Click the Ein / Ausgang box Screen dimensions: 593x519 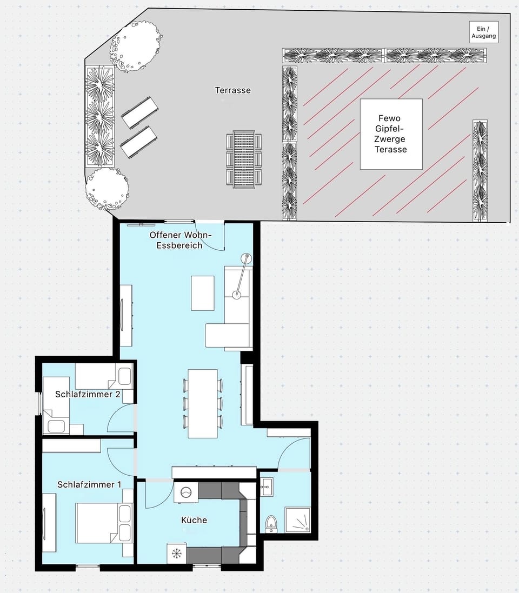[483, 33]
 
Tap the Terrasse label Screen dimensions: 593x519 [233, 90]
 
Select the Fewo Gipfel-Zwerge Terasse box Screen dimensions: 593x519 [391, 134]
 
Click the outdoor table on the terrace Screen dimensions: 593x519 [244, 159]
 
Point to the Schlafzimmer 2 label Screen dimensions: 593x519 [88, 394]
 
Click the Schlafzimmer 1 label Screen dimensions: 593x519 [89, 484]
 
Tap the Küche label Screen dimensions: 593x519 [194, 520]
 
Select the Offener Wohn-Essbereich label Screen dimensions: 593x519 [181, 240]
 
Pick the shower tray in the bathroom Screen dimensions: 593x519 [298, 519]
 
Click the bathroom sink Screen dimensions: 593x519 [266, 488]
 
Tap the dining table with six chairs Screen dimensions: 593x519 [203, 403]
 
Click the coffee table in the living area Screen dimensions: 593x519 [203, 293]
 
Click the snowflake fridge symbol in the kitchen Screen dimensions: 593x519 [176, 553]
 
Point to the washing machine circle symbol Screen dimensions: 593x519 [186, 492]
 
